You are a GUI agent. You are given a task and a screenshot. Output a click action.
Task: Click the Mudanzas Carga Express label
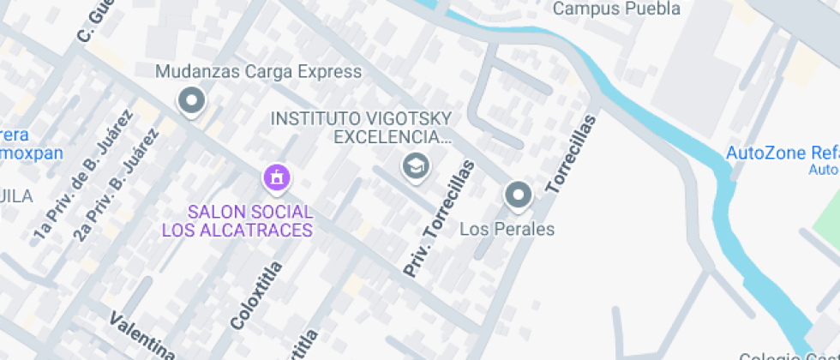click(258, 72)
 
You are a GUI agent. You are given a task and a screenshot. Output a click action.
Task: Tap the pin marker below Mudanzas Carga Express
click(191, 101)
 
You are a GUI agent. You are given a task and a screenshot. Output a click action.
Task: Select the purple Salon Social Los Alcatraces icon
click(276, 178)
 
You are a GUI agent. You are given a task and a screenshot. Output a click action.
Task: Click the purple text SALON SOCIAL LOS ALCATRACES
click(237, 220)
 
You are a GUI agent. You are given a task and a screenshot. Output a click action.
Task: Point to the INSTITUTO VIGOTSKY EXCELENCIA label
click(361, 128)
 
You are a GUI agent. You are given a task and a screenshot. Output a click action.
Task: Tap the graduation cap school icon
click(416, 166)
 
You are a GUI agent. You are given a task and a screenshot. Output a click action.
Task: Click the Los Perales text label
click(507, 229)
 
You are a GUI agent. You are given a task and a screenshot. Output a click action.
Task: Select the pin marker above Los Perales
click(518, 195)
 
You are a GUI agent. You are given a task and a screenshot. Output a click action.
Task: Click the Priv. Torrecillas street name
click(438, 219)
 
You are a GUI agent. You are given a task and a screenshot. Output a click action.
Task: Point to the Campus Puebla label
click(616, 9)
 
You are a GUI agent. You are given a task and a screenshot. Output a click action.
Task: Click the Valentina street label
click(142, 337)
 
